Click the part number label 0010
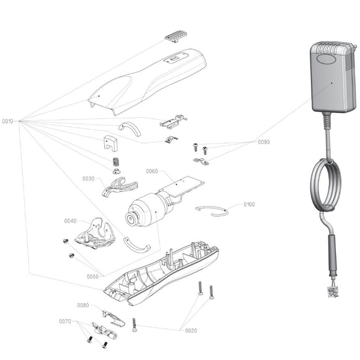point(7,120)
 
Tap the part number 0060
point(151,171)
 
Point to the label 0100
point(249,204)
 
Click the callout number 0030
point(88,179)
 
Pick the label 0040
point(70,221)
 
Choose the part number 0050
point(92,276)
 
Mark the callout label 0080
point(83,305)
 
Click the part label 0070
point(65,322)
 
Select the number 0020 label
point(191,331)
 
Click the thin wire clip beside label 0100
point(212,211)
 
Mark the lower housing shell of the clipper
point(161,273)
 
